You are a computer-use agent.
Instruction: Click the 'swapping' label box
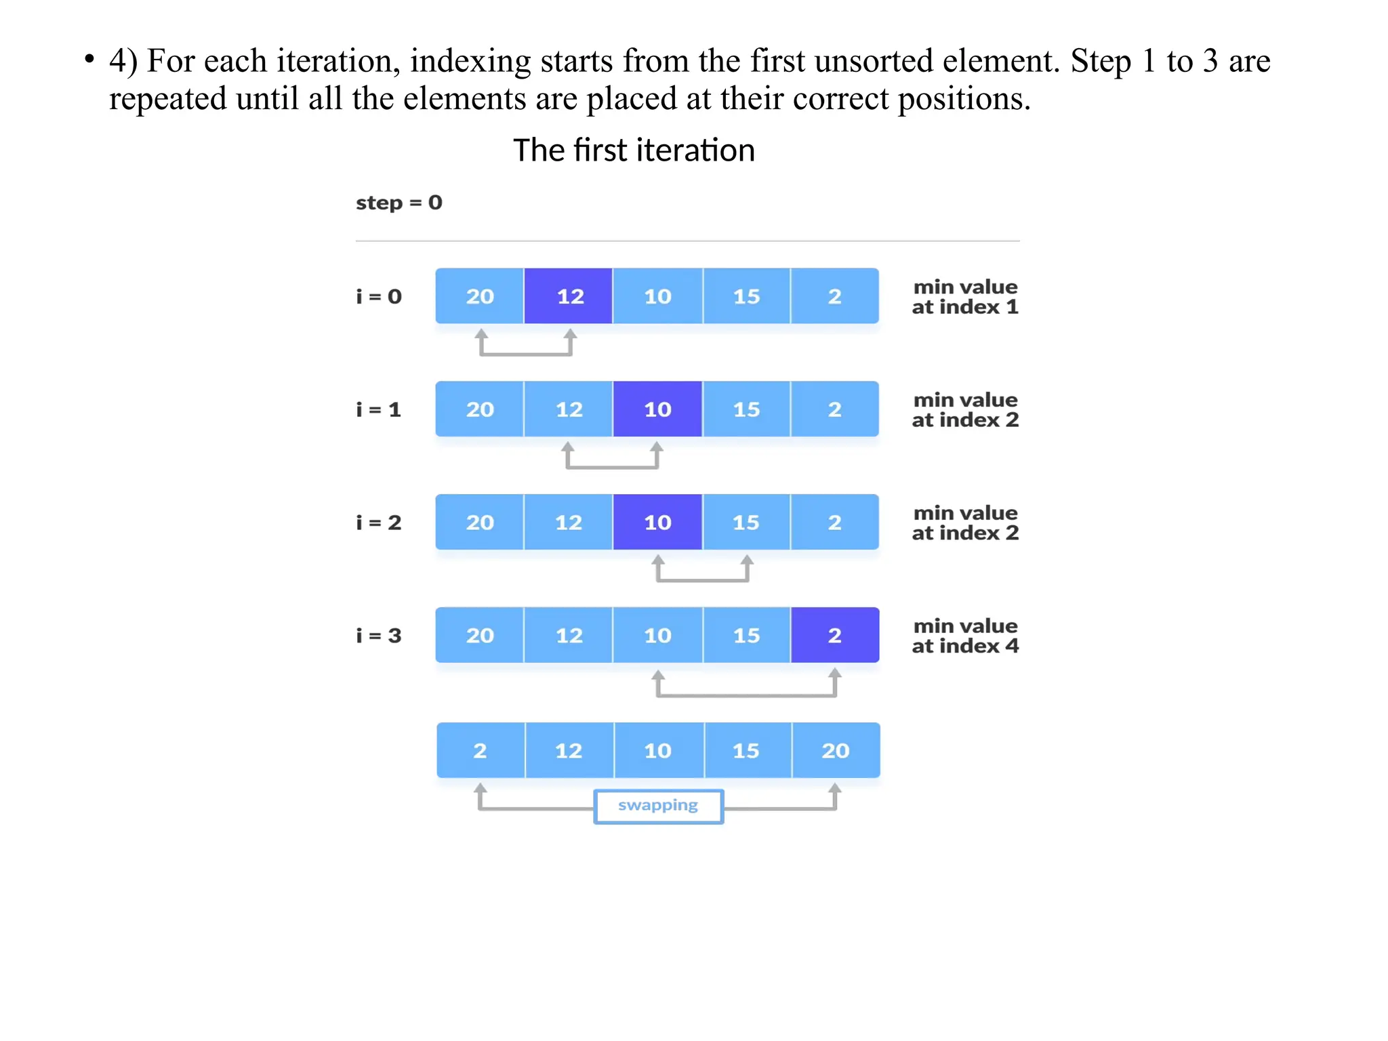[658, 806]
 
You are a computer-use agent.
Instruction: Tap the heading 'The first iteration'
[634, 150]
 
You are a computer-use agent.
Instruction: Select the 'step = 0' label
[399, 203]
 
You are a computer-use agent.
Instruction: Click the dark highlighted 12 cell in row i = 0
[568, 296]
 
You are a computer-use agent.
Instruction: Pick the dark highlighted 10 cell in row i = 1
[657, 409]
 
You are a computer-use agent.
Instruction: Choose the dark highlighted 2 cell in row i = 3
[835, 635]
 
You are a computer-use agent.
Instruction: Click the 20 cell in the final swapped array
[836, 750]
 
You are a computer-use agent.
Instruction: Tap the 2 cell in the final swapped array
[480, 750]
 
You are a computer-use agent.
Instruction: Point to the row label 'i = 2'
[379, 523]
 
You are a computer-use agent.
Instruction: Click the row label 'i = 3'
[379, 636]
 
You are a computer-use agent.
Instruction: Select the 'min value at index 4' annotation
[965, 636]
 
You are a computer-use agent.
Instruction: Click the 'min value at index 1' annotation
[965, 297]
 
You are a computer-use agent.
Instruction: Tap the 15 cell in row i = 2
[746, 523]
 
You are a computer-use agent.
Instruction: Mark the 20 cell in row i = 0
[480, 296]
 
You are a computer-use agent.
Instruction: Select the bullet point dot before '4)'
[89, 59]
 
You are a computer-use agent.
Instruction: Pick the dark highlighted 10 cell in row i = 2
[657, 523]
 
